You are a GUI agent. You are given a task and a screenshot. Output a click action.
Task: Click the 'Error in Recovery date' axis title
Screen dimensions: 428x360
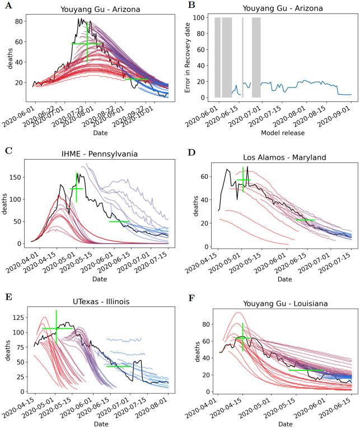[187, 57]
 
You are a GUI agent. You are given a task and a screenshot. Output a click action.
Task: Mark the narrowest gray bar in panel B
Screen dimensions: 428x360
[242, 57]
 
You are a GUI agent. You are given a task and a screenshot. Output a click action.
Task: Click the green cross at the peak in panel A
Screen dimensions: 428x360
[87, 43]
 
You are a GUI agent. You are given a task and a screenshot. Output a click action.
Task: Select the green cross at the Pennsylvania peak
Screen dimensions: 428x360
[77, 189]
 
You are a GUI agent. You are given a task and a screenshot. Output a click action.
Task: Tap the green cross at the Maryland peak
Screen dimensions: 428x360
[243, 180]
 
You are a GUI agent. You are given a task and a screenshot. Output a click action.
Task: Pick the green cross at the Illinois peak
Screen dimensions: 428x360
[57, 328]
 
